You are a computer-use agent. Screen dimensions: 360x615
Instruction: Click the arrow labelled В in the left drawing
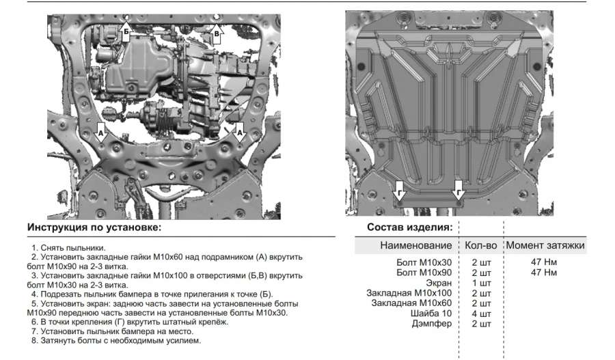[x=217, y=33]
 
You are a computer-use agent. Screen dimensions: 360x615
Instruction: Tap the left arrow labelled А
[x=101, y=133]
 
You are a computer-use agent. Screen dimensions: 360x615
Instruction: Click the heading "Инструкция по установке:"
[x=94, y=227]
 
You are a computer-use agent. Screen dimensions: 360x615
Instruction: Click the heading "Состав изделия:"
[x=409, y=227]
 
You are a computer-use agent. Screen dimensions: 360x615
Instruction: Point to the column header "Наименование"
[x=415, y=245]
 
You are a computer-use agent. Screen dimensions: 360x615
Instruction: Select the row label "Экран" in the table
[x=437, y=283]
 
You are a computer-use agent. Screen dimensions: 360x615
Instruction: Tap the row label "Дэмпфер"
[x=433, y=324]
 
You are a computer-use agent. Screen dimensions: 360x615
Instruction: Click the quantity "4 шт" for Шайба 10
[x=481, y=314]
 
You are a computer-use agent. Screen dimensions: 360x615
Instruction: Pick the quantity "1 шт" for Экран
[x=481, y=283]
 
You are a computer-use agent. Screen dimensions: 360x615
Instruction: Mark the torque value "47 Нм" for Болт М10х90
[x=544, y=273]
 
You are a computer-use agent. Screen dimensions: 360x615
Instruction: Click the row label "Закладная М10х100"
[x=409, y=293]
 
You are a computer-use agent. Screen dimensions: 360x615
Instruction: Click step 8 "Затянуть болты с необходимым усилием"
[x=116, y=340]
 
